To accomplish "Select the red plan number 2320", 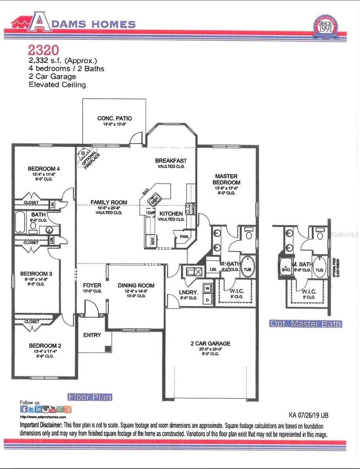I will pos(43,50).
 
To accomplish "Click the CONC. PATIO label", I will pos(114,118).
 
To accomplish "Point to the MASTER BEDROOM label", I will pos(226,179).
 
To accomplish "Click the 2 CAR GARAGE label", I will pos(210,344).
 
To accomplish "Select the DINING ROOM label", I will pos(136,285).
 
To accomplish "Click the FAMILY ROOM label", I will pos(109,202).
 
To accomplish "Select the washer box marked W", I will pos(207,288).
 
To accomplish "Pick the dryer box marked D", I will pos(207,300).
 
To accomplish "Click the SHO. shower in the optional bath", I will pos(285,269).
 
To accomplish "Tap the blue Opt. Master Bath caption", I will pos(306,324).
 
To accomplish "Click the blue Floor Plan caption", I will pos(90,397).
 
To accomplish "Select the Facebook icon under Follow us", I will pos(24,409).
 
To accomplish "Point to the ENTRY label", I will pos(92,335).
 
